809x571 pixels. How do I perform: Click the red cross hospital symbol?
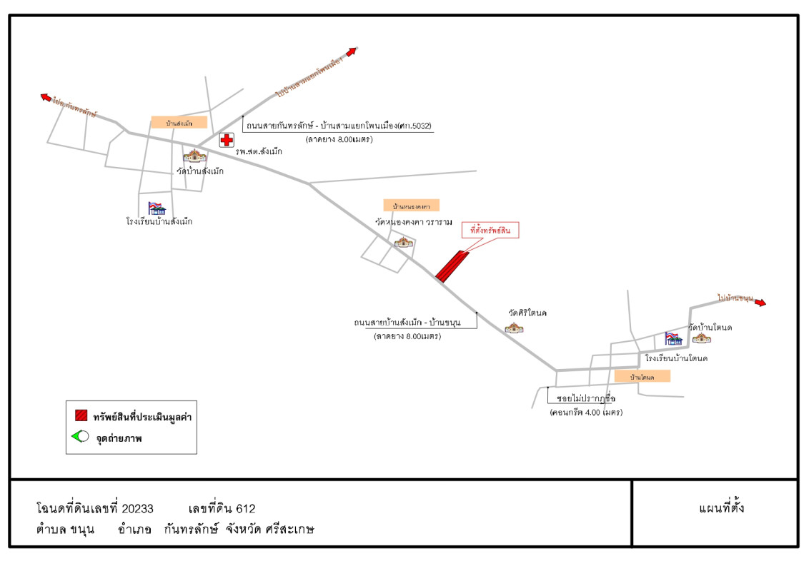tap(226, 140)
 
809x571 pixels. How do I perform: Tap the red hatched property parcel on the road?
tap(451, 266)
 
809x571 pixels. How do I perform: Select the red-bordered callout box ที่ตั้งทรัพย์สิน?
tap(490, 231)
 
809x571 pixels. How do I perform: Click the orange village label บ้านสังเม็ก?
tap(179, 123)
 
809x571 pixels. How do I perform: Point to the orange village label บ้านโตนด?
tap(642, 376)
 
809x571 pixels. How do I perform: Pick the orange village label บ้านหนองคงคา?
tap(411, 206)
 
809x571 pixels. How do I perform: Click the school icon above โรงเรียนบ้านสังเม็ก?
tap(157, 208)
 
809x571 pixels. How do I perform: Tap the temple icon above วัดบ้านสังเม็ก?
tap(193, 156)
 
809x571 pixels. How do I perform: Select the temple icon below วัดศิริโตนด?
tap(514, 328)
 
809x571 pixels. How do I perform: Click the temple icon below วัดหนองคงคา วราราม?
tap(404, 242)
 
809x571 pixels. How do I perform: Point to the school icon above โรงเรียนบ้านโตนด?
tap(673, 338)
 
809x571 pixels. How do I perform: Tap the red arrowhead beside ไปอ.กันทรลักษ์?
tap(46, 97)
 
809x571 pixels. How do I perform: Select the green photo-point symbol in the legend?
tap(79, 437)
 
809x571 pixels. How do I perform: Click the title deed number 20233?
tap(137, 509)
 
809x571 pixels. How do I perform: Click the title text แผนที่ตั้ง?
tap(721, 509)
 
